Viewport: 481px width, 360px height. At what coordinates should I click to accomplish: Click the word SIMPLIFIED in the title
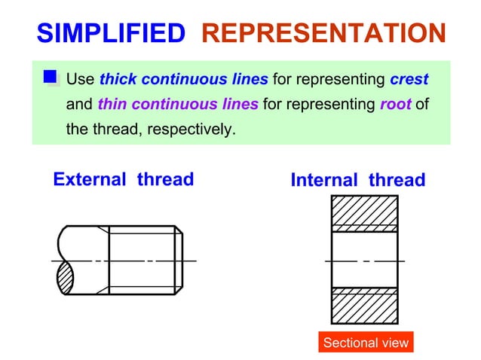coord(110,33)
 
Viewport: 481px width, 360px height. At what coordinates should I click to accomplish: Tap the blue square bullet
coord(51,77)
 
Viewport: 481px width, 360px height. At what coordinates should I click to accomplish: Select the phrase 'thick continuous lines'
coord(183,79)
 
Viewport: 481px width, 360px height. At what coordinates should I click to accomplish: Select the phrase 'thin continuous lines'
coord(178,104)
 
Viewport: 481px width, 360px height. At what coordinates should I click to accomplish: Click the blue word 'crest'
coord(409,79)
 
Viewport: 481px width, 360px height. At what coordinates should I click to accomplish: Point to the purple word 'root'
coord(395,104)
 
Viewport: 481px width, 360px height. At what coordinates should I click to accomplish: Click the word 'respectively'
coord(191,129)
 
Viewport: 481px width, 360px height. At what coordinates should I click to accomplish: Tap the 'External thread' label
coord(123,179)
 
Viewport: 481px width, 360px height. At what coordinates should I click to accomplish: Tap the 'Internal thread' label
coord(357,181)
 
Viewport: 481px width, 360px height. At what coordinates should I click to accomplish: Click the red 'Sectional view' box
coord(366,343)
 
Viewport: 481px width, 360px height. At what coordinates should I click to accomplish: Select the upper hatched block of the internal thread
coord(364,210)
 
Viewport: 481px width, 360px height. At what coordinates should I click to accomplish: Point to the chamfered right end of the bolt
coord(179,260)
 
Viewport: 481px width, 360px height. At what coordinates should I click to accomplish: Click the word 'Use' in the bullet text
coord(80,79)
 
